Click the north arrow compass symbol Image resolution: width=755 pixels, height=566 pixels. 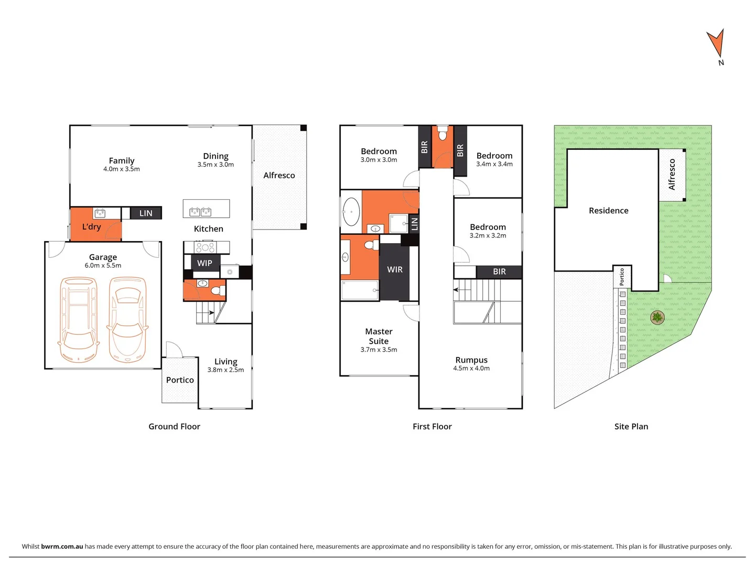(x=716, y=45)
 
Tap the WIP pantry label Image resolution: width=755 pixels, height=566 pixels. (x=204, y=263)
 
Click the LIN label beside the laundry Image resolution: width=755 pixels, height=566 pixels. (x=146, y=213)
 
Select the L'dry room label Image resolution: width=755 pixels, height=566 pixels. (x=91, y=227)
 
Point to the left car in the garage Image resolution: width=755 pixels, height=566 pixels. (x=79, y=320)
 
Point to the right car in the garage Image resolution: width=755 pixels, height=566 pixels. (x=127, y=320)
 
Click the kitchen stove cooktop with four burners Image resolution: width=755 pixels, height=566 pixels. (x=205, y=247)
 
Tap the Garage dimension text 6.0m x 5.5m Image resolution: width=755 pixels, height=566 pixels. (x=103, y=266)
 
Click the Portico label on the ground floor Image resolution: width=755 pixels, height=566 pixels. (x=180, y=380)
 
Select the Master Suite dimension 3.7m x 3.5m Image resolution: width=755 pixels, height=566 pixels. (x=379, y=350)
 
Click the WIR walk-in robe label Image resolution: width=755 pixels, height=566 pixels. (x=395, y=269)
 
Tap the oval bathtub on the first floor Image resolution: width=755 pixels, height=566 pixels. (x=351, y=212)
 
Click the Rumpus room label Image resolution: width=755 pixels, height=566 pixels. (x=471, y=360)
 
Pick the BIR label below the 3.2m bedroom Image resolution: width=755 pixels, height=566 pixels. (x=499, y=271)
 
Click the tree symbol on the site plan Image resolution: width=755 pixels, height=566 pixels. (x=657, y=317)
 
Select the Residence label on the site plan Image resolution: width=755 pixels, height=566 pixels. (x=608, y=211)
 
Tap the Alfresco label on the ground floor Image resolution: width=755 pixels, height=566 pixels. (x=279, y=176)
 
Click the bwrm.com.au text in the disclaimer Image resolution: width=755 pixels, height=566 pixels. (x=62, y=546)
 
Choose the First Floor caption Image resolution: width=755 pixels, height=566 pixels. (x=432, y=427)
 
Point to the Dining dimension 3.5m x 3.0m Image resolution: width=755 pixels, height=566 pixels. (x=215, y=165)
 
